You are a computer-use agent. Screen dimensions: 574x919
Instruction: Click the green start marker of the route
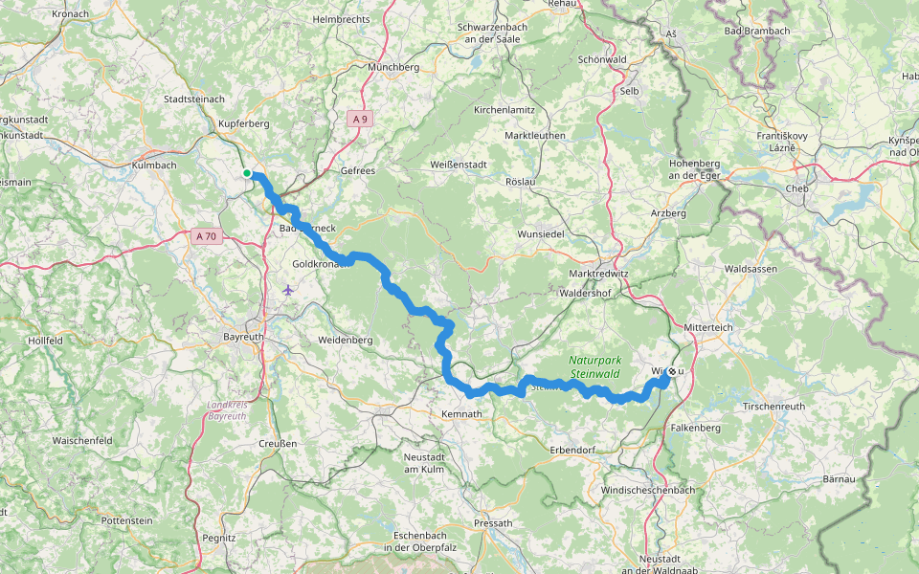(x=247, y=173)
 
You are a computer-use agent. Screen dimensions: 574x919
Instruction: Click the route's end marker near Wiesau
(x=672, y=371)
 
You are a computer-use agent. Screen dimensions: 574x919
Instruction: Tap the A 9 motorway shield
(x=359, y=119)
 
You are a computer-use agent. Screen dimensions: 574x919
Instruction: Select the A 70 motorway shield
(x=205, y=235)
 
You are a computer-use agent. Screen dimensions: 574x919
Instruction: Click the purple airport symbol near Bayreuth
(x=289, y=290)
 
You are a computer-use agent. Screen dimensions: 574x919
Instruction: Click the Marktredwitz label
(x=592, y=274)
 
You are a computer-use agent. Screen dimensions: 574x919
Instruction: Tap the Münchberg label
(x=394, y=68)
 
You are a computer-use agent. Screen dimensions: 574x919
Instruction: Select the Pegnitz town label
(x=219, y=538)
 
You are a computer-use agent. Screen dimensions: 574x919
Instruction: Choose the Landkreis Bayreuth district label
(x=226, y=411)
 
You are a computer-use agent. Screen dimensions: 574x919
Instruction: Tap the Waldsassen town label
(x=751, y=270)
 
